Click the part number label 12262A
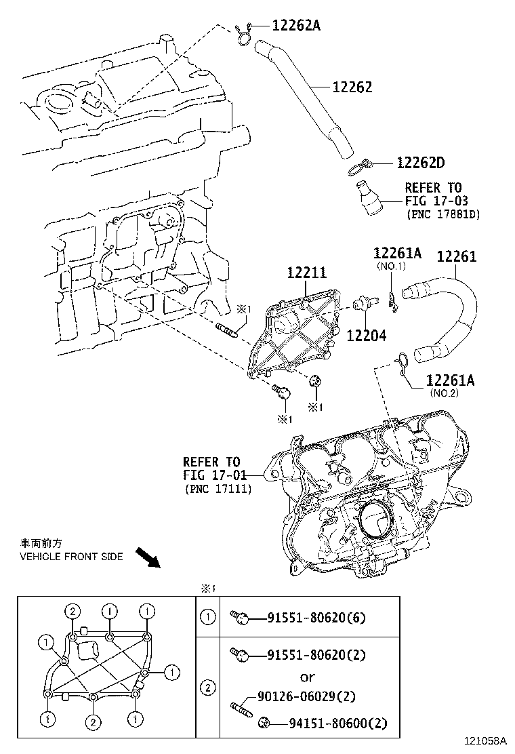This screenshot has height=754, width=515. tap(295, 26)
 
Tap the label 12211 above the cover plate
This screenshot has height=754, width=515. tap(306, 273)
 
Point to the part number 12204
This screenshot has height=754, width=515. tap(367, 334)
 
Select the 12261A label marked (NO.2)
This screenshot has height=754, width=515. tap(450, 380)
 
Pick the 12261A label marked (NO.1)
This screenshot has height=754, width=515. tap(396, 254)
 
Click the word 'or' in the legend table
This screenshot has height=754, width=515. tap(308, 677)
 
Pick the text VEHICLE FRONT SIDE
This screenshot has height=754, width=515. tap(71, 557)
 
